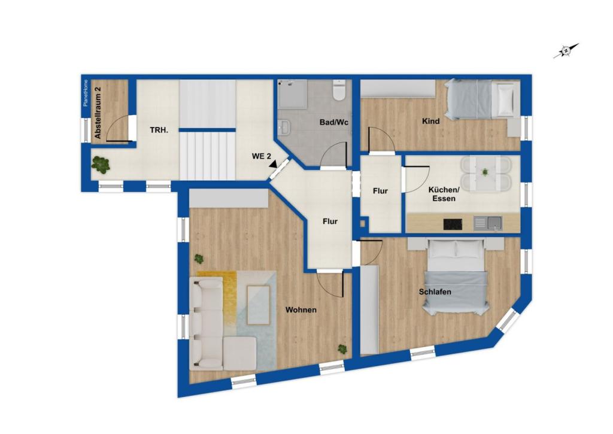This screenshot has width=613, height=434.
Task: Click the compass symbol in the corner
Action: pyautogui.click(x=566, y=51)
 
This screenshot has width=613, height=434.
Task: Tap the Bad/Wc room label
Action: pyautogui.click(x=334, y=122)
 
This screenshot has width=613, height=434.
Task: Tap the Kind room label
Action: pyautogui.click(x=430, y=122)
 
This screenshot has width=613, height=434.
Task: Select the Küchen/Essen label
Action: pyautogui.click(x=444, y=194)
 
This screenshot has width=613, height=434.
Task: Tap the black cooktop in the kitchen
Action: pyautogui.click(x=453, y=224)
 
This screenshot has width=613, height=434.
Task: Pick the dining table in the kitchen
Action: pyautogui.click(x=485, y=174)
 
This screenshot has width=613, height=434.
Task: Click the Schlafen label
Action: pyautogui.click(x=435, y=292)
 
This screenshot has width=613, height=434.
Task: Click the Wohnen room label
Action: pyautogui.click(x=301, y=310)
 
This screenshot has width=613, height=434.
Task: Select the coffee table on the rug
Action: pyautogui.click(x=258, y=305)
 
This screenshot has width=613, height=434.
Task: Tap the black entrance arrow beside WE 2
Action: pyautogui.click(x=272, y=163)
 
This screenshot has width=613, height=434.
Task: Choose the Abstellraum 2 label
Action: pyautogui.click(x=98, y=113)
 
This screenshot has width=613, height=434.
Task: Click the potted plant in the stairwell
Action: pyautogui.click(x=101, y=163)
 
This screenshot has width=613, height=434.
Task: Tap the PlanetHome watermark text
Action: pyautogui.click(x=86, y=93)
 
